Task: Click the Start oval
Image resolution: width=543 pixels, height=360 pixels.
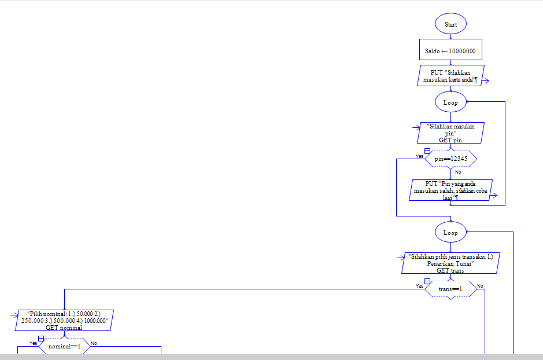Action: coord(450,24)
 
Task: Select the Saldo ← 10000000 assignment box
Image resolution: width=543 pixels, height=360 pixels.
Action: coord(450,51)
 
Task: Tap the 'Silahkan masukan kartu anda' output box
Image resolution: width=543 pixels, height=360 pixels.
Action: coord(450,76)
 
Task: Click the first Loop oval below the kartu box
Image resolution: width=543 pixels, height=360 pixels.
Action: coord(450,102)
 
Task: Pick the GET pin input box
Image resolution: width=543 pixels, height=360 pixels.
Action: coord(450,133)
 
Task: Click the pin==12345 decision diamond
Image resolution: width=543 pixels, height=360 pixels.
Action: coord(450,158)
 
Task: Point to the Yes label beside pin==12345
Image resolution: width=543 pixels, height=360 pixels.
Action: coord(419,156)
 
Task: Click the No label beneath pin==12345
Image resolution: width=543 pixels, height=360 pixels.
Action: coord(458,172)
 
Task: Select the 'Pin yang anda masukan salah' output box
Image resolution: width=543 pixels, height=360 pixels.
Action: coord(450,190)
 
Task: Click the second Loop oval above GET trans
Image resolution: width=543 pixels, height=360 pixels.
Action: coord(450,233)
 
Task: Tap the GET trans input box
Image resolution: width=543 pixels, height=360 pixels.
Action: coord(450,263)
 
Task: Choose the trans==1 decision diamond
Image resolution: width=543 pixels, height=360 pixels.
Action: coord(450,288)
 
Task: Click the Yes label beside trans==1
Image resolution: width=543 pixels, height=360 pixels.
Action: coord(419,286)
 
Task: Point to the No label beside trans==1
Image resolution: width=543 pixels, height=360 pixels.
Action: coord(480,286)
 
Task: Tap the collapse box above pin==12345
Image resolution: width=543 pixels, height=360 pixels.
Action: coord(427,150)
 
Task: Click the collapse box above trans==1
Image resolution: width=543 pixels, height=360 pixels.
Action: coord(427,281)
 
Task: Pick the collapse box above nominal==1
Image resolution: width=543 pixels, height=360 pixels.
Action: coord(41,338)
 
